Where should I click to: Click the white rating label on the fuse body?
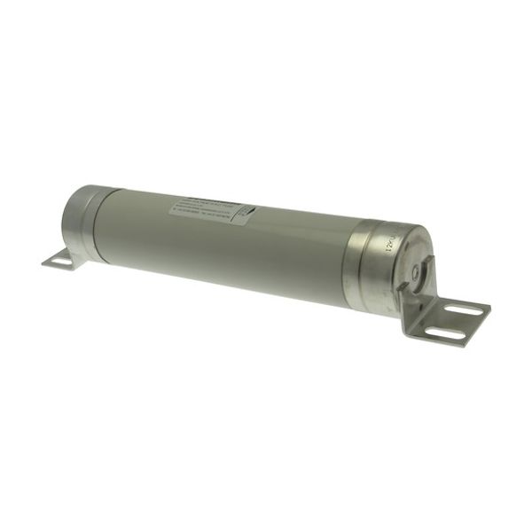pyautogui.click(x=211, y=211)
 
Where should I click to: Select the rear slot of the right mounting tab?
pyautogui.click(x=464, y=310)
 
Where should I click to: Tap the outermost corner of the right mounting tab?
pyautogui.click(x=489, y=311)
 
